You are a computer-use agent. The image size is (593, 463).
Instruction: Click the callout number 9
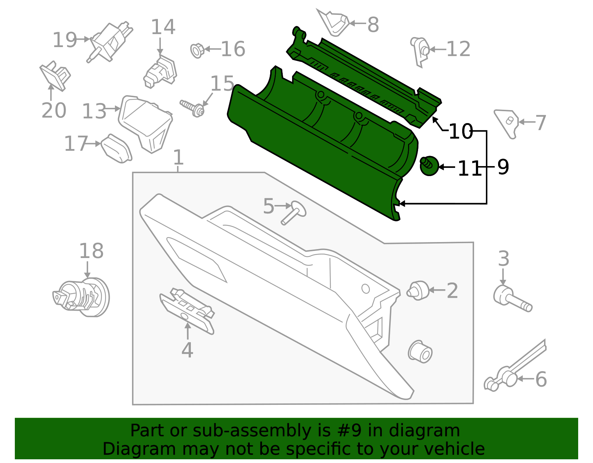point(503,167)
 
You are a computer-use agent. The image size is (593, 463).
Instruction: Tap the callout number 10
point(460,131)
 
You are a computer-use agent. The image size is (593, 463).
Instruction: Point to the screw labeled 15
point(193,107)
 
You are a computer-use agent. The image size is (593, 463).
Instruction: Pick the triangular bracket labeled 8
point(334,23)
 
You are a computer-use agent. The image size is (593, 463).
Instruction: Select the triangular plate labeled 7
point(506,122)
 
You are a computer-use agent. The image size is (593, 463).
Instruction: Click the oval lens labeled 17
point(116,149)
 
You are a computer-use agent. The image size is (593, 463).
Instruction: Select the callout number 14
point(163,27)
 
